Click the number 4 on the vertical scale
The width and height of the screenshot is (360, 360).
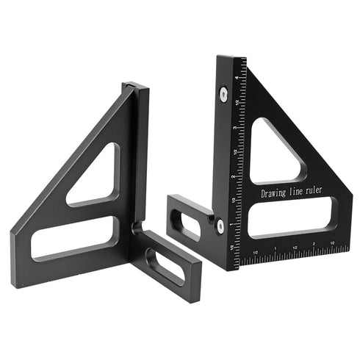[x=235, y=76]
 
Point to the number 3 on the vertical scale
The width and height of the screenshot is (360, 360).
[x=234, y=127]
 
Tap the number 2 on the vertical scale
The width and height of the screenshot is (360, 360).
[x=232, y=176]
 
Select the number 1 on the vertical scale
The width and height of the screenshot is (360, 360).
[x=231, y=224]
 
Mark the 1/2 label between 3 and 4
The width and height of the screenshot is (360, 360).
[x=234, y=101]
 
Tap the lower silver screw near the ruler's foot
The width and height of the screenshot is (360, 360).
[x=220, y=226]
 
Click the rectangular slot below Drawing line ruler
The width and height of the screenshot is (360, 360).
[x=292, y=219]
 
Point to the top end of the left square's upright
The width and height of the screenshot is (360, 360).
[x=137, y=87]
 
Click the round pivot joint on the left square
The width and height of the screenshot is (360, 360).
[x=137, y=228]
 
